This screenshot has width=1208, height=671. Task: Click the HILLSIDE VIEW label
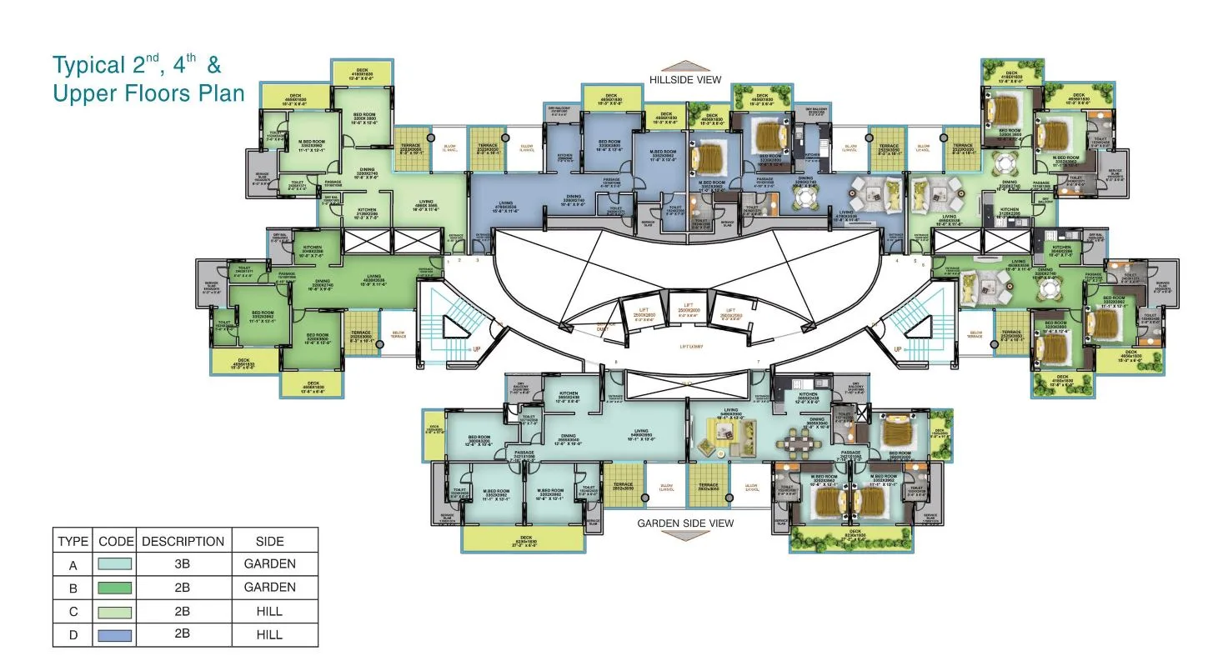(x=685, y=80)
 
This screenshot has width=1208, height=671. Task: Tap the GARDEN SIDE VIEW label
(x=685, y=523)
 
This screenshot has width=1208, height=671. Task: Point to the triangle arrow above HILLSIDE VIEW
(x=685, y=66)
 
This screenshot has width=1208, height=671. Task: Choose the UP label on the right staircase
(x=897, y=348)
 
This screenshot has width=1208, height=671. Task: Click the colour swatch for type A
(x=114, y=564)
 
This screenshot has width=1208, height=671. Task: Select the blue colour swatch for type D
(x=114, y=634)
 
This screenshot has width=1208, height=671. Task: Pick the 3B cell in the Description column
(x=183, y=564)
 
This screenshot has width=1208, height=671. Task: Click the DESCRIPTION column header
(x=183, y=541)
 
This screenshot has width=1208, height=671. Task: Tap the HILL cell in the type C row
(x=269, y=611)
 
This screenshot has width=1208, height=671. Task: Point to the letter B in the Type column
(x=73, y=588)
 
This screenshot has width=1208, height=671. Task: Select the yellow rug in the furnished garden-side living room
(x=730, y=438)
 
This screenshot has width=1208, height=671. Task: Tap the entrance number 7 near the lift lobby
(x=758, y=362)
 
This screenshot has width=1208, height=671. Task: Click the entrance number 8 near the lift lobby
(x=615, y=362)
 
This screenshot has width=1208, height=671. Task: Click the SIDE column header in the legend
(x=269, y=541)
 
